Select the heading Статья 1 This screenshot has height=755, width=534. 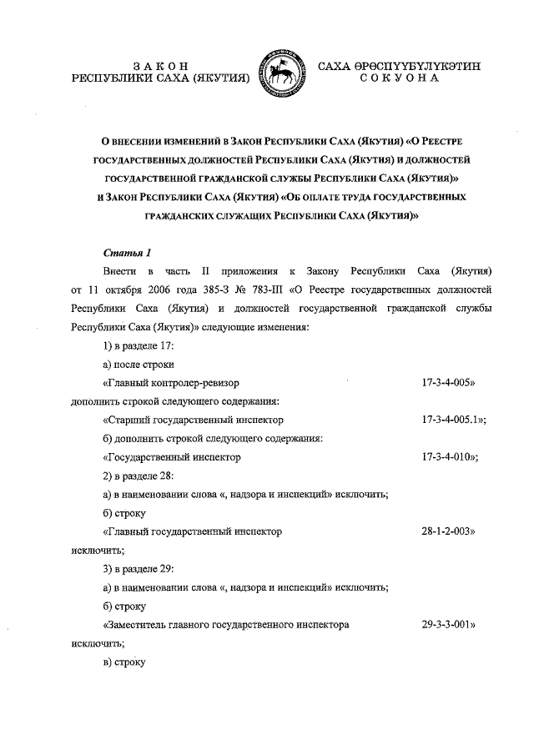click(x=127, y=251)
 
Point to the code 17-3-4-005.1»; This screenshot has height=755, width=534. click(x=454, y=420)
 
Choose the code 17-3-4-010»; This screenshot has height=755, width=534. click(x=451, y=457)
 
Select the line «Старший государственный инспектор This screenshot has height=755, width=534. click(x=193, y=420)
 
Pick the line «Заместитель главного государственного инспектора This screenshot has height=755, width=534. click(x=225, y=624)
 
